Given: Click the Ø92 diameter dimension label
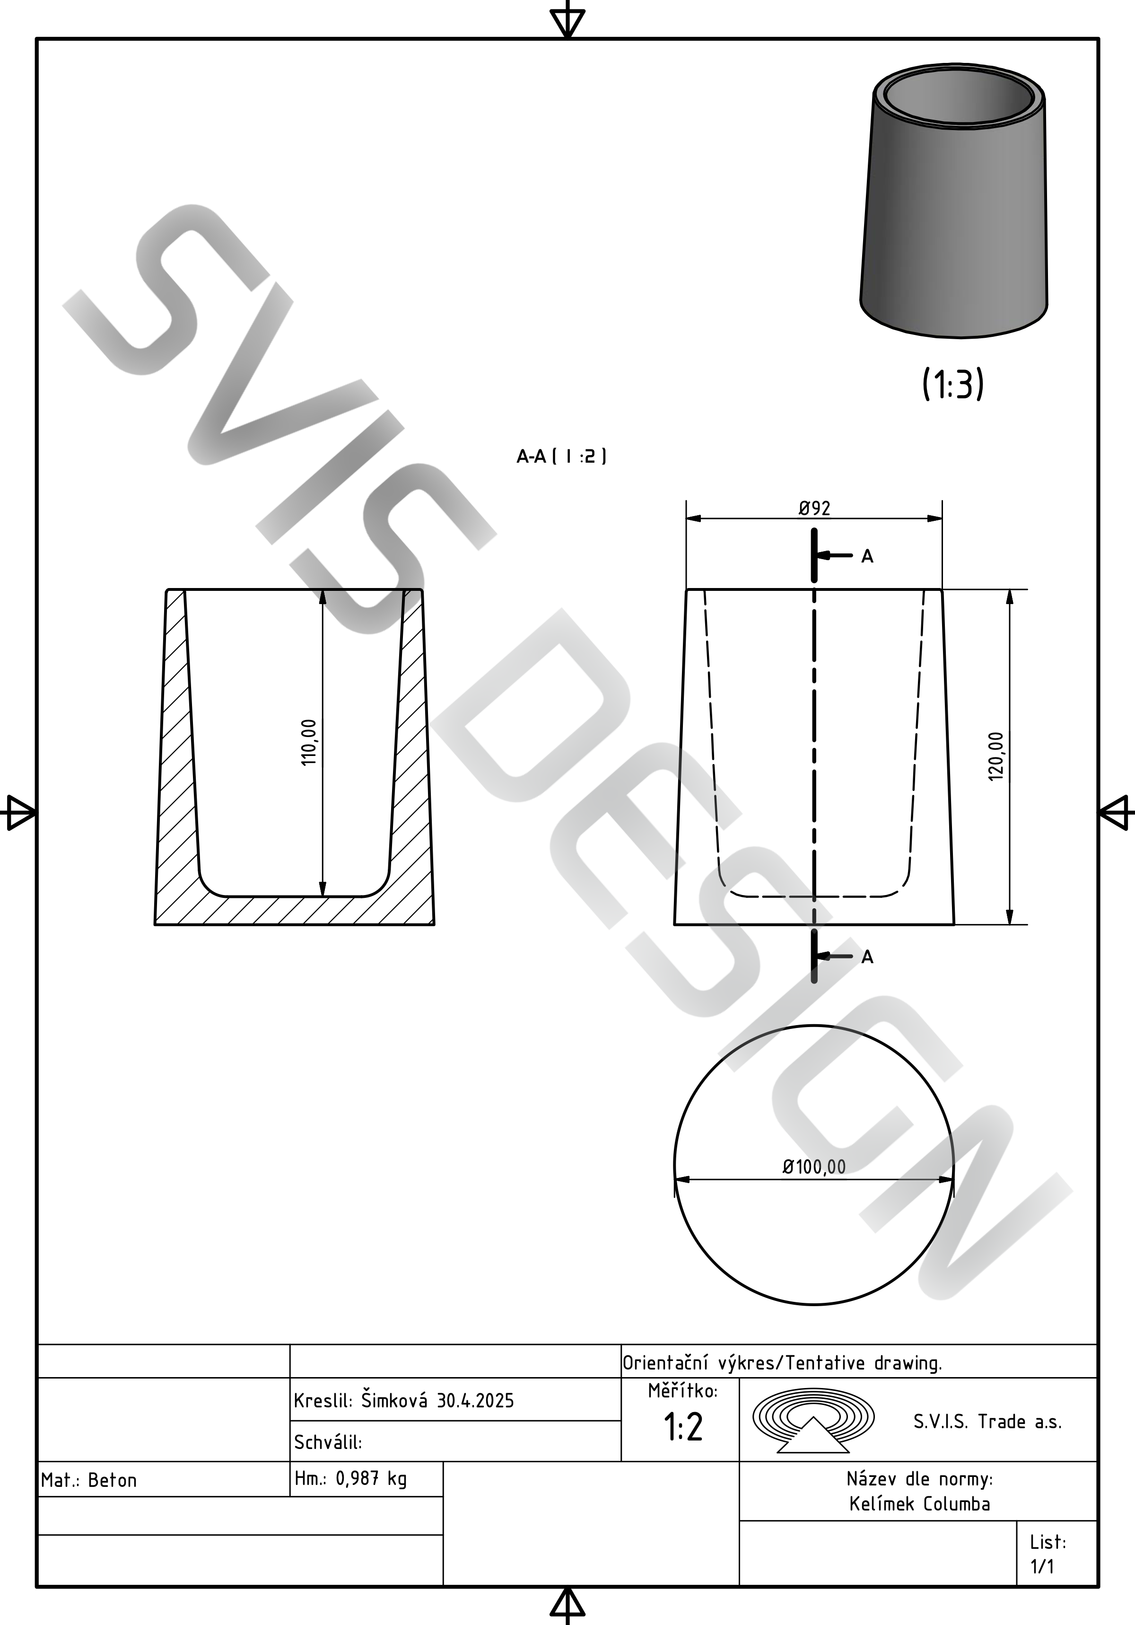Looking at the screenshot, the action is coord(814,508).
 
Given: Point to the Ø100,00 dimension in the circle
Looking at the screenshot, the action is coord(814,1167).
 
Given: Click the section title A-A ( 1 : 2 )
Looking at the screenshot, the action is coord(561,457).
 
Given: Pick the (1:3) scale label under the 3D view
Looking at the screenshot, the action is coord(953,384).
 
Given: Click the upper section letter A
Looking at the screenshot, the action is coord(867,557).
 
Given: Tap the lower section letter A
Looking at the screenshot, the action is coord(867,957).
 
